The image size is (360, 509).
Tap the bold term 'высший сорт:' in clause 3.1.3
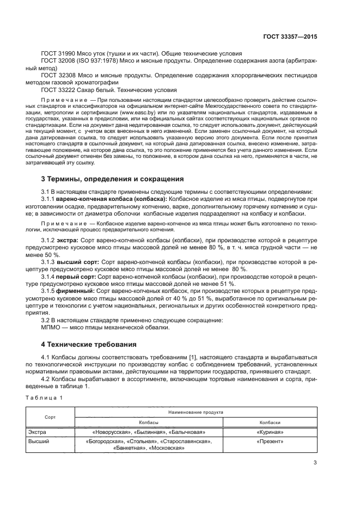tap(80, 262)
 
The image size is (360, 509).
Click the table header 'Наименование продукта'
tap(195, 413)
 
